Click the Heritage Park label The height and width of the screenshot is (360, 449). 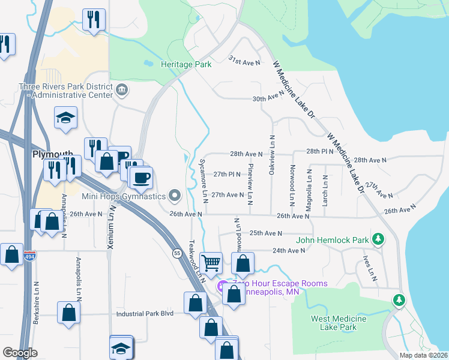(x=186, y=64)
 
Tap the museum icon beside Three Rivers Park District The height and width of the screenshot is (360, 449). (x=122, y=90)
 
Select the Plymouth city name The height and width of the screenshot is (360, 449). (x=53, y=154)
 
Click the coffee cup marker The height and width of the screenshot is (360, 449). (x=142, y=178)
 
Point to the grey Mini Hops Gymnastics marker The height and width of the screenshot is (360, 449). (x=175, y=195)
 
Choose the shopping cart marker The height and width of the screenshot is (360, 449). (x=211, y=262)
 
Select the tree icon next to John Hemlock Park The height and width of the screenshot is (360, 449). (x=378, y=239)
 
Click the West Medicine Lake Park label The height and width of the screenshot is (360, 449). (x=333, y=323)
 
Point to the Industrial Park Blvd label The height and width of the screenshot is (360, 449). (x=143, y=313)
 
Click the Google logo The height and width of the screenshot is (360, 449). (x=20, y=353)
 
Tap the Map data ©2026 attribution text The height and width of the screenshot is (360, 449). (x=423, y=355)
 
